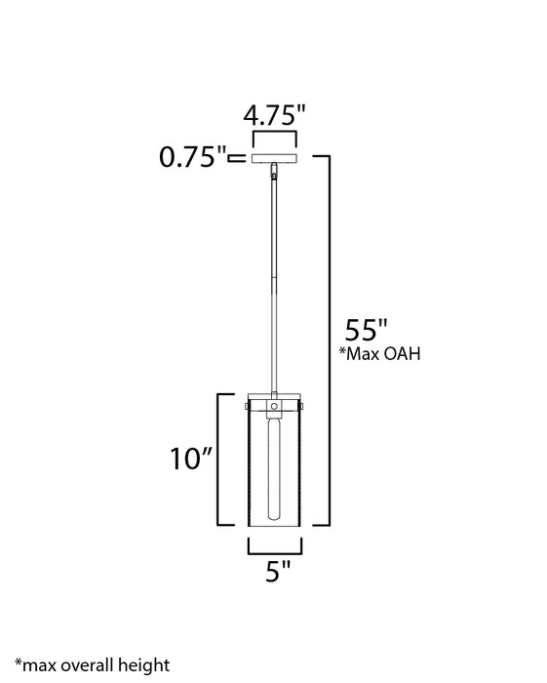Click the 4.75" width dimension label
point(275,115)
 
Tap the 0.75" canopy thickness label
point(193,156)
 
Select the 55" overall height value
point(367,328)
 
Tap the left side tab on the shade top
point(248,403)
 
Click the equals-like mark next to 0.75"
point(237,156)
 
